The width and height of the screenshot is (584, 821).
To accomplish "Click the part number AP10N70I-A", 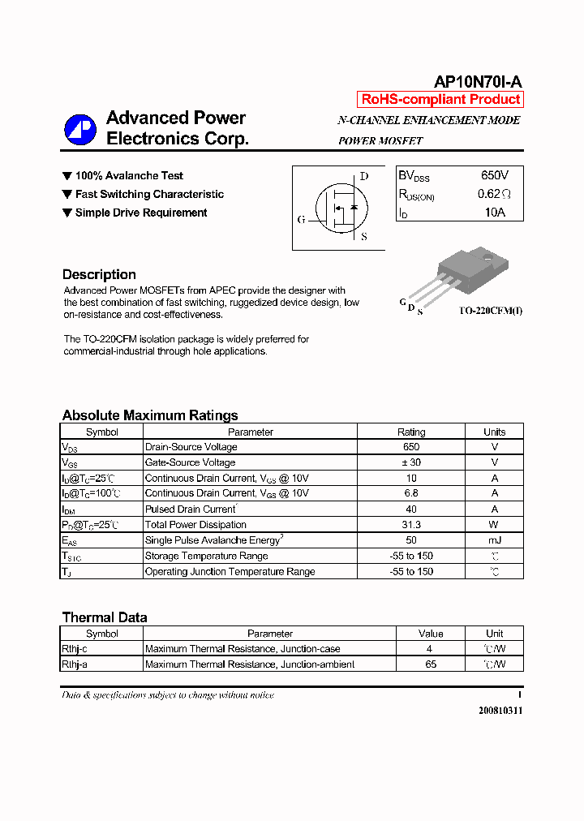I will click(478, 81).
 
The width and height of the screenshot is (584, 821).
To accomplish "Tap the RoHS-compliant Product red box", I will click(440, 100).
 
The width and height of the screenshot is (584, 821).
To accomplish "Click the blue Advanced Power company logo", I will click(79, 129).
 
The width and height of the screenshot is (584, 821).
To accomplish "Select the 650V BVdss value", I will click(494, 175).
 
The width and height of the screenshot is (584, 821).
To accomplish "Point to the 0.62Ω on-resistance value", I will click(494, 194).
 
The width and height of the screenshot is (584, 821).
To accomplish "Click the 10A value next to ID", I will click(494, 213).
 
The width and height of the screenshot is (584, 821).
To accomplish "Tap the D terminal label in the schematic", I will click(363, 176).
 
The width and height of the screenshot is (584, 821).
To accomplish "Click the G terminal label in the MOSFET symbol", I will click(302, 220).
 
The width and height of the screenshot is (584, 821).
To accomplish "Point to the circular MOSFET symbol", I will click(341, 210).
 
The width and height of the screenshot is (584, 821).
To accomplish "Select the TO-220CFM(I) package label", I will click(490, 312).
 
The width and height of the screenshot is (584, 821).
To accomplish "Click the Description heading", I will click(99, 274).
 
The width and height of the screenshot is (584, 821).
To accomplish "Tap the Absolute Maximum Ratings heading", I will click(150, 415).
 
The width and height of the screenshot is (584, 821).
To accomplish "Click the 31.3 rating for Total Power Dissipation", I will click(411, 525).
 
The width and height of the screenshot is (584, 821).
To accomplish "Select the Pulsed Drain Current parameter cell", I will click(190, 509).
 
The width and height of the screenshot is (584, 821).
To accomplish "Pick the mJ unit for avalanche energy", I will click(494, 540).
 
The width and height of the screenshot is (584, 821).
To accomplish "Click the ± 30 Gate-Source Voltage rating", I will click(411, 462).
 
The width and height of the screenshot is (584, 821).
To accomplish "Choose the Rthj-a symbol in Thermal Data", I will click(75, 664).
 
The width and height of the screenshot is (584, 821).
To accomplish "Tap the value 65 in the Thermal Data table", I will click(431, 664).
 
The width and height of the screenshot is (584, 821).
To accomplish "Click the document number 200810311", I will click(500, 711).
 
